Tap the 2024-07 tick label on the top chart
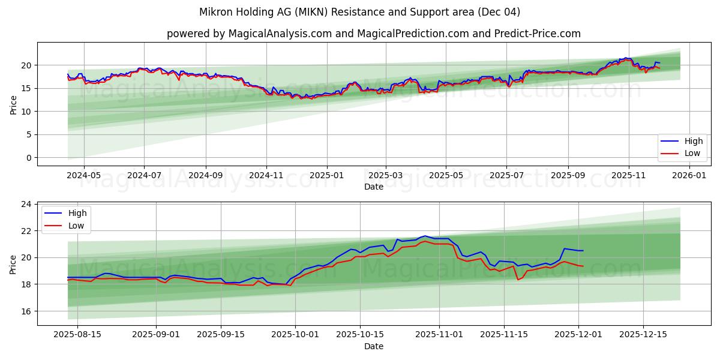point(144,176)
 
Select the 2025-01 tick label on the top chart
point(327,176)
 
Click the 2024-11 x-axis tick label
point(266,176)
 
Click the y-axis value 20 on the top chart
point(26,65)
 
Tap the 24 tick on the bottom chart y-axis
point(26,204)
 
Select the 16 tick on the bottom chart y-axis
point(26,311)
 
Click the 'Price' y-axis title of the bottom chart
point(13,264)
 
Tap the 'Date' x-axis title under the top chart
point(373,187)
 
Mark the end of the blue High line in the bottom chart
point(583,251)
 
